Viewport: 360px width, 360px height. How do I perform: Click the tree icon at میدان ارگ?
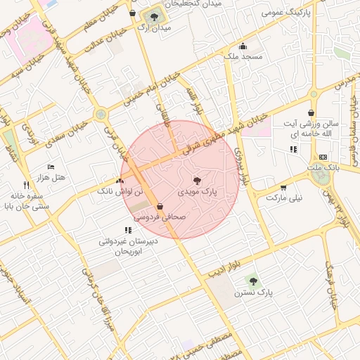click(x=151, y=15)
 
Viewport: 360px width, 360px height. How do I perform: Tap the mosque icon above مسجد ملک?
click(x=243, y=46)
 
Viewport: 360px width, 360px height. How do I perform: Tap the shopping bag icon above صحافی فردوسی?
click(x=161, y=207)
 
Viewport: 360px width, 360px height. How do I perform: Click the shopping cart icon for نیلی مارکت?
click(x=283, y=188)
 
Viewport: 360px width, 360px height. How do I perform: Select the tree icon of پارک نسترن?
click(x=254, y=281)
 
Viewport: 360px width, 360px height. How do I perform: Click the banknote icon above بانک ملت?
click(x=323, y=157)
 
